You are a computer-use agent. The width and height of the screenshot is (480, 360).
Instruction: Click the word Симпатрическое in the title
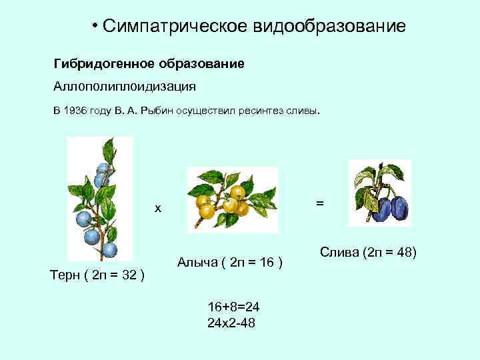175,27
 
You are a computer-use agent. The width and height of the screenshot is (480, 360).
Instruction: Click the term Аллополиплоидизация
125,87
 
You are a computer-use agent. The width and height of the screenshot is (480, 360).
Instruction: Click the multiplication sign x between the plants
158,209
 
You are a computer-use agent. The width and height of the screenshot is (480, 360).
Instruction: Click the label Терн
65,275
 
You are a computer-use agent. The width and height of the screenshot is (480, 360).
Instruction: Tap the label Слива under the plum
339,252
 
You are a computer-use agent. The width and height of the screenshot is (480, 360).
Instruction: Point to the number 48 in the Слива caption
403,252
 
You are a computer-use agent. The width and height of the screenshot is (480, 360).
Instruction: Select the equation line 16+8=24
233,307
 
